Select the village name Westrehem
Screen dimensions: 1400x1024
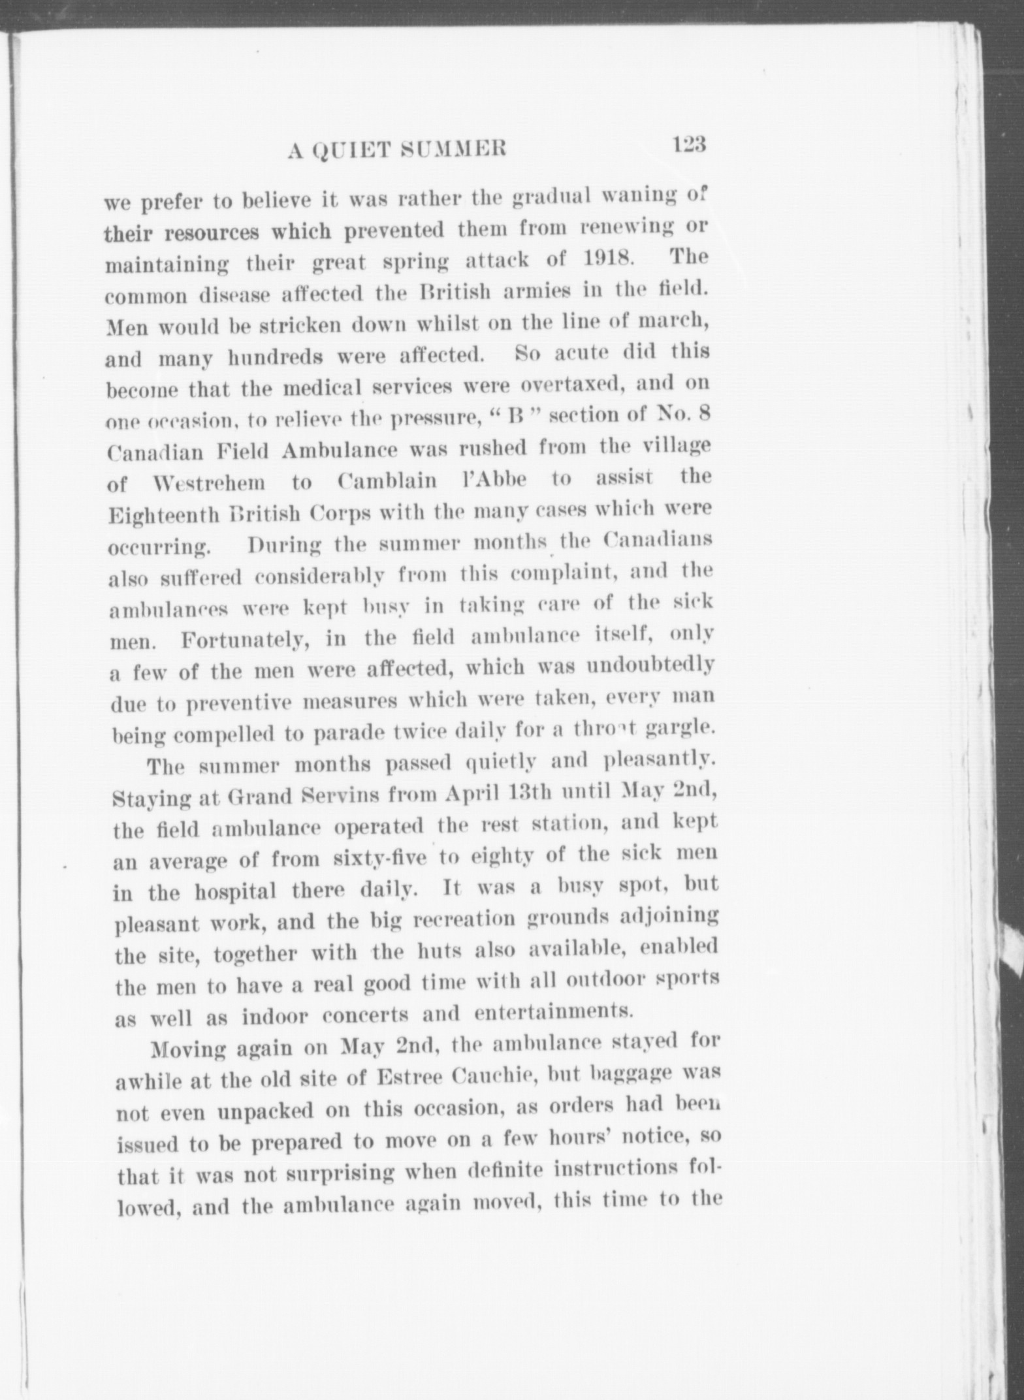(210, 484)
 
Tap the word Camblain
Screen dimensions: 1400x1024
(388, 481)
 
